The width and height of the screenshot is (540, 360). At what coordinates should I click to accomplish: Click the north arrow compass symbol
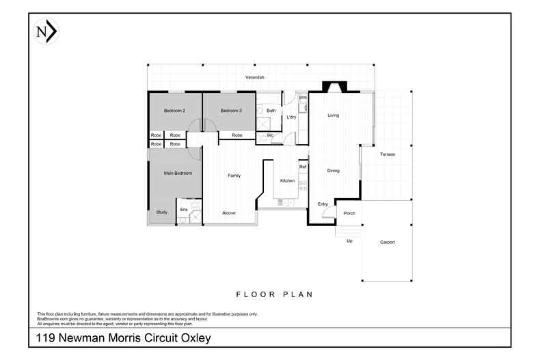(x=46, y=31)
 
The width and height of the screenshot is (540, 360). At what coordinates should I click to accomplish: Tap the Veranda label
(x=255, y=77)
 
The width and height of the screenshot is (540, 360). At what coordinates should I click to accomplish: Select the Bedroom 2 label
(x=174, y=111)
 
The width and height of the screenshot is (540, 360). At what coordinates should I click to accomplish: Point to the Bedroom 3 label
(x=231, y=111)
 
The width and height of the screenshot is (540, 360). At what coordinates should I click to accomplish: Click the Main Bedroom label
(x=178, y=173)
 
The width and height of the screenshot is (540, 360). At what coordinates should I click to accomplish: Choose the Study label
(x=162, y=212)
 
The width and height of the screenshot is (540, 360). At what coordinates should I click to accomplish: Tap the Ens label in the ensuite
(x=184, y=209)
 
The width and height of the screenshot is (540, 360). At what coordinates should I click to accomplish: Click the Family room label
(x=234, y=176)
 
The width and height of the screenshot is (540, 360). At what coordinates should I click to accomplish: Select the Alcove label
(x=229, y=213)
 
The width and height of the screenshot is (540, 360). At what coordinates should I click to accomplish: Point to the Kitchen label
(x=287, y=181)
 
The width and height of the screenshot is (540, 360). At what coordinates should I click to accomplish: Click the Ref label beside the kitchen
(x=303, y=167)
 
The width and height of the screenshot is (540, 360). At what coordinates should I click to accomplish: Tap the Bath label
(x=271, y=111)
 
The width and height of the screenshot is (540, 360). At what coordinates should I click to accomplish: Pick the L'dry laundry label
(x=291, y=117)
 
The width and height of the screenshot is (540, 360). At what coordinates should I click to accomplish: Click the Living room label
(x=334, y=115)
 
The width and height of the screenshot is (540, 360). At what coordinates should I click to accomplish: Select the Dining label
(x=334, y=171)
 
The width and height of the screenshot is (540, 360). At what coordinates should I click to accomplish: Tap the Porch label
(x=349, y=213)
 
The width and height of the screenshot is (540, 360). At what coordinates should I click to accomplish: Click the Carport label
(x=388, y=243)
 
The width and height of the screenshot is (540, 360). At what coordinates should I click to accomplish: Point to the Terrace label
(x=388, y=154)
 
